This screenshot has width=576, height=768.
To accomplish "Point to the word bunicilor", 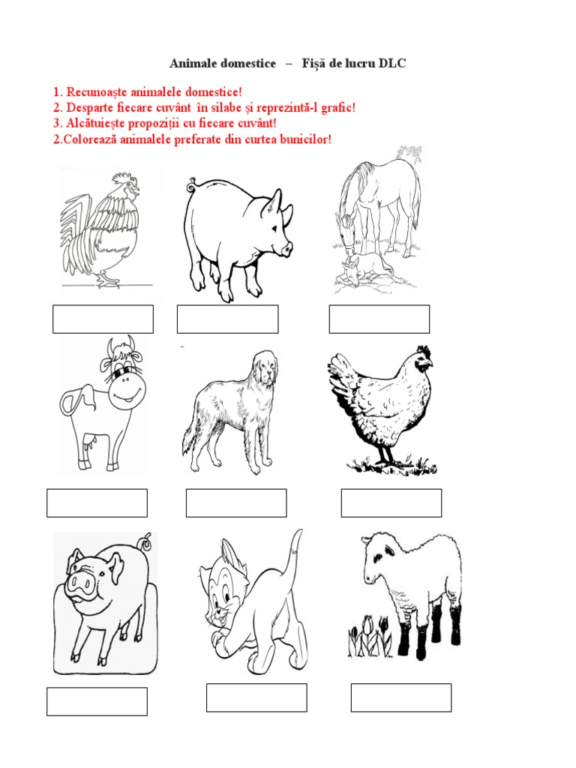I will point(301,140).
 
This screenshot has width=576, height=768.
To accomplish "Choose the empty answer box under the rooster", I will point(103,319).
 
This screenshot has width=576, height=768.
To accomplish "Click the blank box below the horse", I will point(379,319).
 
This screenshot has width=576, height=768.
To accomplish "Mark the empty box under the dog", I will point(236,502).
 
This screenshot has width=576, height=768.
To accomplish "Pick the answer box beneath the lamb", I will point(400,697).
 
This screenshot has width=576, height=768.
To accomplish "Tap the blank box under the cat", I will point(256,697).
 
